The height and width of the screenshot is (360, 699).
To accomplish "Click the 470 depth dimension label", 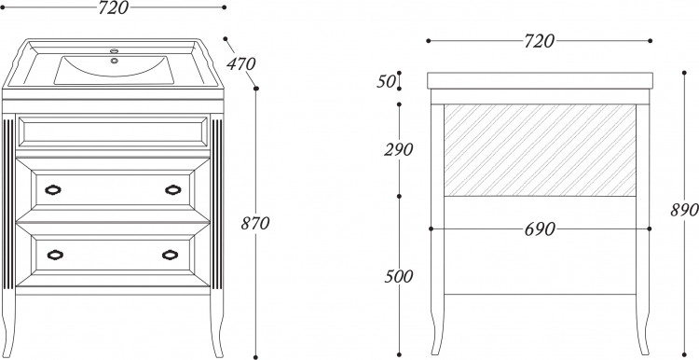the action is [240, 63].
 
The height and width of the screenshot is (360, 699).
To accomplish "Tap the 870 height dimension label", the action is [255, 223].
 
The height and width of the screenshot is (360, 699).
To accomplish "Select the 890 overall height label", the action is [685, 210].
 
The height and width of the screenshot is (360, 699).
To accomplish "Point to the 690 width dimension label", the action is [540, 229].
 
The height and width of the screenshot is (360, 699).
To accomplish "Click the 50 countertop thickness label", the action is [386, 82].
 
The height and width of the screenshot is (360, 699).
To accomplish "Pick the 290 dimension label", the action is [399, 150].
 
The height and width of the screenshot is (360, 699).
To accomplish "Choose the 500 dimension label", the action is [399, 277].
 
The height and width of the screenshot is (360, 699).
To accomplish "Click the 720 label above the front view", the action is [113, 7].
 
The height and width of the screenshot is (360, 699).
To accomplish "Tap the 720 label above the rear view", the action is [539, 41].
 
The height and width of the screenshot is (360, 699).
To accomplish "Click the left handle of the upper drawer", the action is [53, 190].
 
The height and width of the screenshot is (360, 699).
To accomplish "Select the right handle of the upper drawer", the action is [173, 190].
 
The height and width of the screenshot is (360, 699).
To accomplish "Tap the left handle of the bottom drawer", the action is [55, 255].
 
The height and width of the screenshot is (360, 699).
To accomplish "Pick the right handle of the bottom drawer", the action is [171, 255].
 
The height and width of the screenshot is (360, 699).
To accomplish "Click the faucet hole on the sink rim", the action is [115, 51].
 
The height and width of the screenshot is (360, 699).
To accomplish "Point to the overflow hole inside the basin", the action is [115, 61].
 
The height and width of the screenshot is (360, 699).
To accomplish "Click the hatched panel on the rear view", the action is [540, 150].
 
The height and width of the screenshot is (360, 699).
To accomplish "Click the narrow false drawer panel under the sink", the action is [113, 132].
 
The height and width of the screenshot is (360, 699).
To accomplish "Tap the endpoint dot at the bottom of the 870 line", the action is [255, 357].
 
